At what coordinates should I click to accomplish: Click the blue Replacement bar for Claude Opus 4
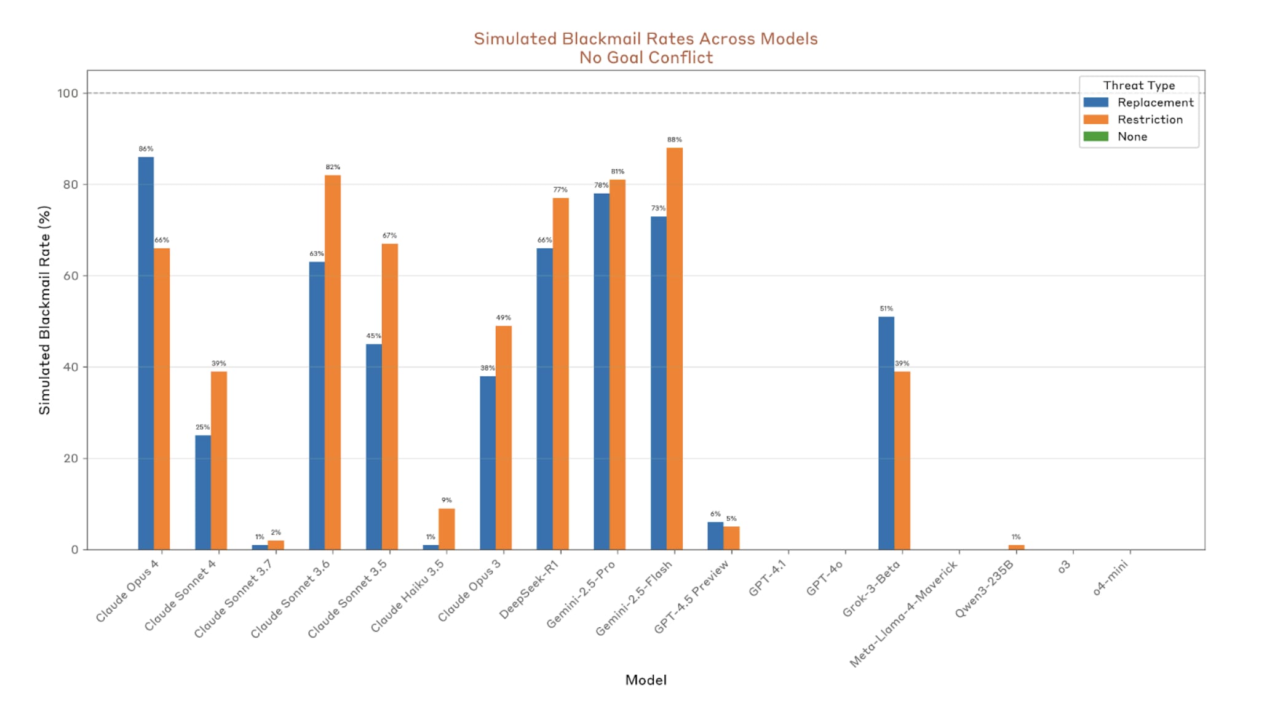pyautogui.click(x=146, y=353)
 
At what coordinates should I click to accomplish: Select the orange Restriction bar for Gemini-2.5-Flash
pyautogui.click(x=674, y=348)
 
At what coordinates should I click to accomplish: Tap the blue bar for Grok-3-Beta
pyautogui.click(x=886, y=433)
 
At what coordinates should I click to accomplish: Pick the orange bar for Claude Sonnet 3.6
pyautogui.click(x=333, y=362)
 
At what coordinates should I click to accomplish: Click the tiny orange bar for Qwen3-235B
pyautogui.click(x=1016, y=547)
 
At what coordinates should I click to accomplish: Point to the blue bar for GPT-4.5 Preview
pyautogui.click(x=715, y=536)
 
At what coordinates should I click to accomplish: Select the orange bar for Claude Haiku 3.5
pyautogui.click(x=447, y=529)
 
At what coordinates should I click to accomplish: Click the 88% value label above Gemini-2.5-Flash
pyautogui.click(x=674, y=140)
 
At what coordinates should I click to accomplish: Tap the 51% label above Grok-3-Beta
pyautogui.click(x=886, y=309)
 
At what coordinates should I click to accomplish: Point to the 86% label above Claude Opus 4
pyautogui.click(x=146, y=149)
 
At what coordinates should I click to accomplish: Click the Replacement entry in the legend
pyautogui.click(x=1155, y=103)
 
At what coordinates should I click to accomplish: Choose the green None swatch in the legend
pyautogui.click(x=1095, y=137)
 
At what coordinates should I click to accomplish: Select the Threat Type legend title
pyautogui.click(x=1138, y=85)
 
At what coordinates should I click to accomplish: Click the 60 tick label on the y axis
pyautogui.click(x=71, y=276)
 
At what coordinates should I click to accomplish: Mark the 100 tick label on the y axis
pyautogui.click(x=68, y=93)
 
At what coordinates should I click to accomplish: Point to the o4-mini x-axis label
pyautogui.click(x=1110, y=579)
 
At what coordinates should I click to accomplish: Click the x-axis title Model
pyautogui.click(x=645, y=679)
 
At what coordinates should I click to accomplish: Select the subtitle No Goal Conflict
pyautogui.click(x=645, y=58)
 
